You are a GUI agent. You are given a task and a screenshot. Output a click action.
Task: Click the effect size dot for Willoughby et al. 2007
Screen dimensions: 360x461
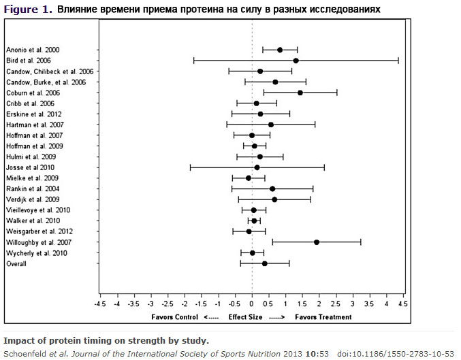[317, 242]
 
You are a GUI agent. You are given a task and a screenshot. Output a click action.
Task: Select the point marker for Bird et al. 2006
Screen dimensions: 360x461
[296, 61]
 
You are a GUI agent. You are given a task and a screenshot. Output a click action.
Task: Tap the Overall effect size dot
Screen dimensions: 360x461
[264, 263]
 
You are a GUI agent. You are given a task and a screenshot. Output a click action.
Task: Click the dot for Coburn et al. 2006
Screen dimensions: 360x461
[300, 92]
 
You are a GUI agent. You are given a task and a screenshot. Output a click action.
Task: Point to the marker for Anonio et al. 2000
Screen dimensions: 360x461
[280, 50]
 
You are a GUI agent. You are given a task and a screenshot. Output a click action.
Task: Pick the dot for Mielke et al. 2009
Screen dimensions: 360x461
[249, 178]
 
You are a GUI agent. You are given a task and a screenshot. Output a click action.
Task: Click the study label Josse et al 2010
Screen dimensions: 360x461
[30, 167]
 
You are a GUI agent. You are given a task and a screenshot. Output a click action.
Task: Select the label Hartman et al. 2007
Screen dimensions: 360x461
[35, 125]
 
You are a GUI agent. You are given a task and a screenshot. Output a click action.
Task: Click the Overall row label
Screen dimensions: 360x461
[16, 263]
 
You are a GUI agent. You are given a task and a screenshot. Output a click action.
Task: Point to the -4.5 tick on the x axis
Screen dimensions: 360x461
[100, 304]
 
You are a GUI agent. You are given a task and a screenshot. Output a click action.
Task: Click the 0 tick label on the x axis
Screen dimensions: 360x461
[252, 304]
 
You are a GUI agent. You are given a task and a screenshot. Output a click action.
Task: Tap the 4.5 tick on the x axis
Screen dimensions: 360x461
[403, 304]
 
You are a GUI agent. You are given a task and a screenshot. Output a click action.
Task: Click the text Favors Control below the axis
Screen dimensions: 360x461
[174, 316]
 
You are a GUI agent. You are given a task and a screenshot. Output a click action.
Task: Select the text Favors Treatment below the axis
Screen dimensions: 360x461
[323, 316]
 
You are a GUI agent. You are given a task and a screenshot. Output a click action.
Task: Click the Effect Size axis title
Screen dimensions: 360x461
[245, 316]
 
